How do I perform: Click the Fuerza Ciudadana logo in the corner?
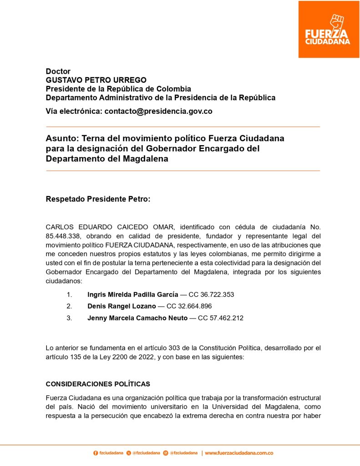pyautogui.click(x=328, y=30)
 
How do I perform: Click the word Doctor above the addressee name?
pyautogui.click(x=58, y=71)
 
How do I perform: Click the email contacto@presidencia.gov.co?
pyautogui.click(x=158, y=111)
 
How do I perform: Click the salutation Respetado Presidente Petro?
pyautogui.click(x=98, y=199)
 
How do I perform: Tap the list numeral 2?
pyautogui.click(x=69, y=306)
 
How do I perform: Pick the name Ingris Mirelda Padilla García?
pyautogui.click(x=133, y=294)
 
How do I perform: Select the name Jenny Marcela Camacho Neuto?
pyautogui.click(x=137, y=318)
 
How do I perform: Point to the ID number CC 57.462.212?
pyautogui.click(x=220, y=318)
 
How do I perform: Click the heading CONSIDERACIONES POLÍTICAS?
pyautogui.click(x=98, y=384)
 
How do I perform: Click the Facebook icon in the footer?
pyautogui.click(x=96, y=453)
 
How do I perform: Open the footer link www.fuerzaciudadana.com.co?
pyautogui.click(x=239, y=453)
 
